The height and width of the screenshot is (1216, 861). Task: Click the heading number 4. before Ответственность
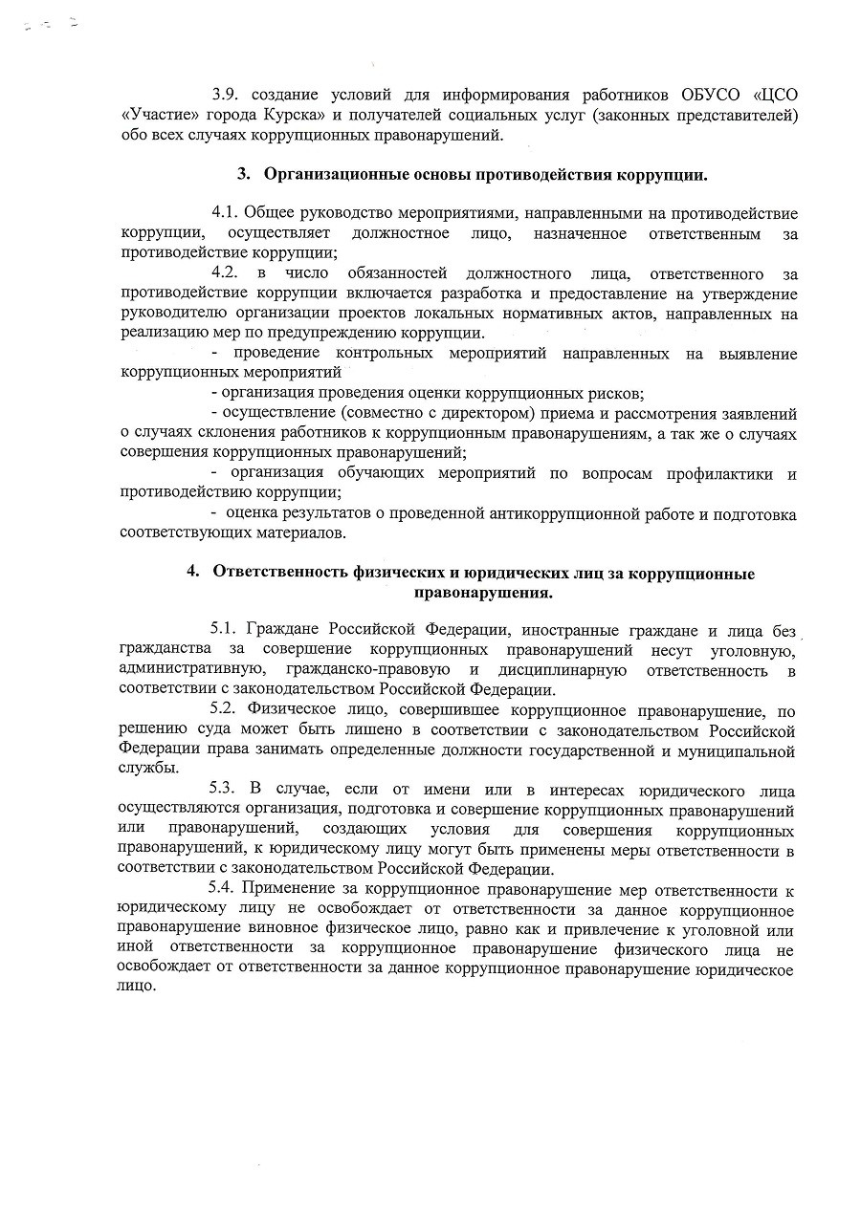(x=192, y=573)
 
